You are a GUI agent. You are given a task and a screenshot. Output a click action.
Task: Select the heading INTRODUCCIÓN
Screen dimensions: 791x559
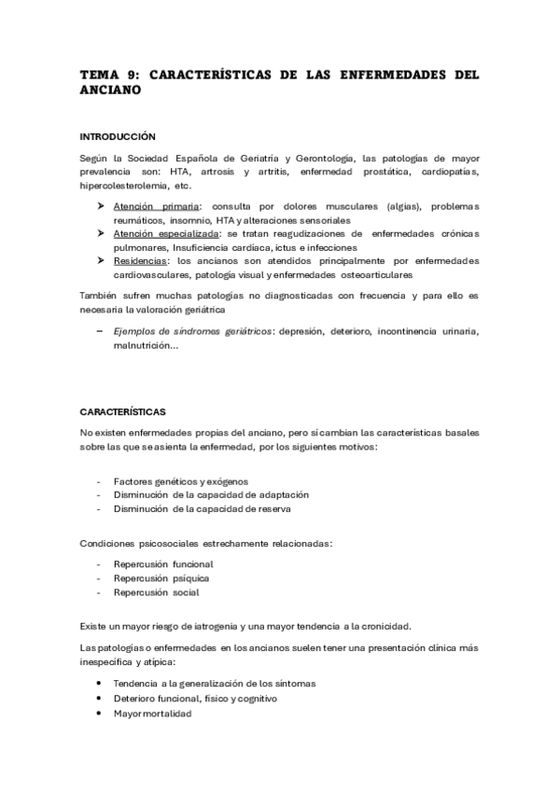click(117, 136)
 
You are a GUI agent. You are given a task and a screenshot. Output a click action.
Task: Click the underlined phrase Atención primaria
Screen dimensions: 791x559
click(156, 206)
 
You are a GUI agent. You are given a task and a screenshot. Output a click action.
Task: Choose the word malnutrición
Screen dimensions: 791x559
click(143, 345)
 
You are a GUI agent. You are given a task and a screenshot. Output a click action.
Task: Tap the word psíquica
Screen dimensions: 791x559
click(190, 577)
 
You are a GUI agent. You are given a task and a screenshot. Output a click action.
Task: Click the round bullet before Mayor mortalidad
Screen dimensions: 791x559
click(99, 714)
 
